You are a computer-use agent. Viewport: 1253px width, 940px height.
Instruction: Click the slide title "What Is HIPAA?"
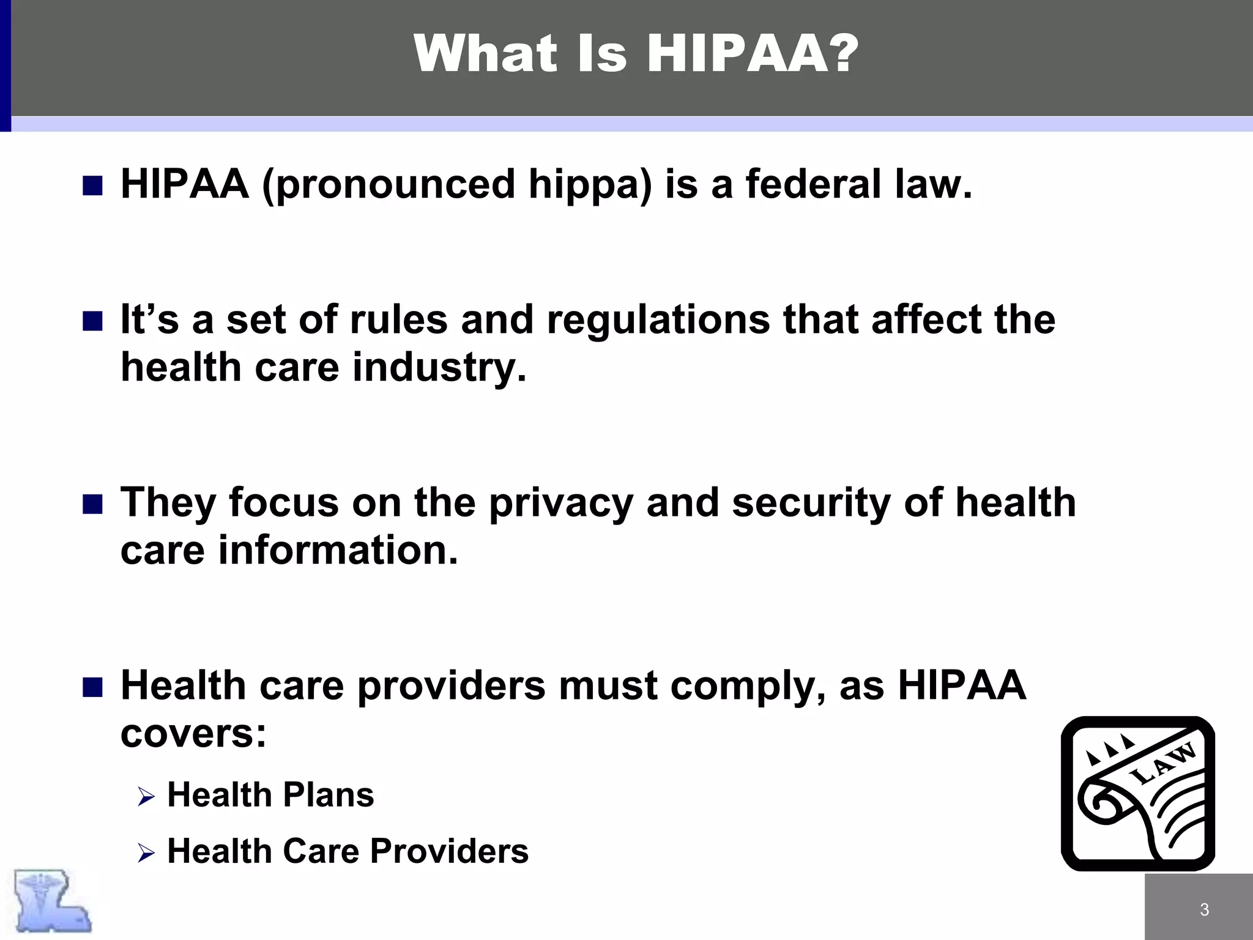[636, 54]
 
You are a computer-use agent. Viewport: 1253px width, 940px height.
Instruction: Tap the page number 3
[1204, 909]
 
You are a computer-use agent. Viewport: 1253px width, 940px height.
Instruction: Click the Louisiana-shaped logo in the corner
[53, 901]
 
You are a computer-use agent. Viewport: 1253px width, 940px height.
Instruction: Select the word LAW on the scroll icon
[1162, 764]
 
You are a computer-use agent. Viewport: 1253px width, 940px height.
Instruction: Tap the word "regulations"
[658, 320]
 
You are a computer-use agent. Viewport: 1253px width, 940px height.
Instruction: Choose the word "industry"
[434, 368]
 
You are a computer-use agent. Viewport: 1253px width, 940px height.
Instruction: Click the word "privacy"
[560, 504]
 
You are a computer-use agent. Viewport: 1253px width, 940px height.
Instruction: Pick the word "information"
[338, 550]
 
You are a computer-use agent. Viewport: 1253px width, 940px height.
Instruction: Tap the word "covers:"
[193, 733]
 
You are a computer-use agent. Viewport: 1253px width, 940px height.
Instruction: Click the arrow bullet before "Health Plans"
[146, 797]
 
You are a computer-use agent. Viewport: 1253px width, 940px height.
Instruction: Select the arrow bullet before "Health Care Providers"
[146, 852]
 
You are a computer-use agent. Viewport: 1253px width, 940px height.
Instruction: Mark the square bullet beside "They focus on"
[92, 504]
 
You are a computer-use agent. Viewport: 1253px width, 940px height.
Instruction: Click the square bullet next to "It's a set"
[92, 321]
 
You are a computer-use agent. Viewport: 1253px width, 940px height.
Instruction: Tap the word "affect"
[926, 320]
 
